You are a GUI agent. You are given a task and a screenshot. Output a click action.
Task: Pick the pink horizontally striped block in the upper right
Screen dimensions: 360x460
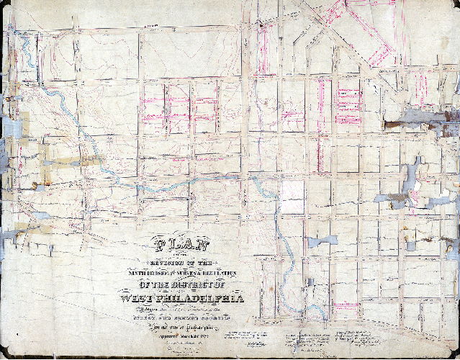[x=349, y=96]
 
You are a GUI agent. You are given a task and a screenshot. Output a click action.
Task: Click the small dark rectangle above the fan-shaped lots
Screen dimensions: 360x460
[x=310, y=282]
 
